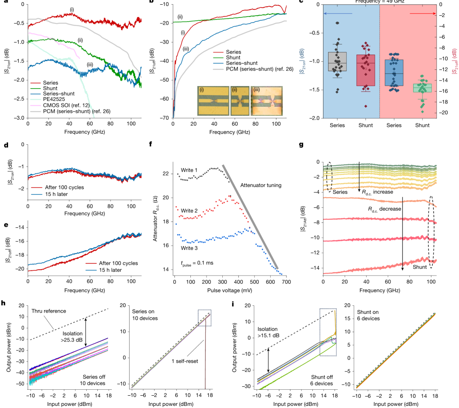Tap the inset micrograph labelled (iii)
pos(266,101)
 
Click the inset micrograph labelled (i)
pos(213,101)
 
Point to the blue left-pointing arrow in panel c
pos(338,14)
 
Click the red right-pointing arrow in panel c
pos(423,14)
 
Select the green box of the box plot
pos(422,88)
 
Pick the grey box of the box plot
pos(337,62)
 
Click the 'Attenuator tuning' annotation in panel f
pos(261,185)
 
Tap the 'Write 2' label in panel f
pos(189,210)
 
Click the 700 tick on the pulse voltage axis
pos(286,282)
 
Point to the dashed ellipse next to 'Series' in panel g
pos(329,177)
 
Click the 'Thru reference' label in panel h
pos(49,311)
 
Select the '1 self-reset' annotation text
pos(185,361)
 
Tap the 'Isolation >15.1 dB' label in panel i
pos(268,332)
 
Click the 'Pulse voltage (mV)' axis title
pos(229,290)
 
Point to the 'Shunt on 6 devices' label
pos(368,315)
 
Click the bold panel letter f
pos(151,144)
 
